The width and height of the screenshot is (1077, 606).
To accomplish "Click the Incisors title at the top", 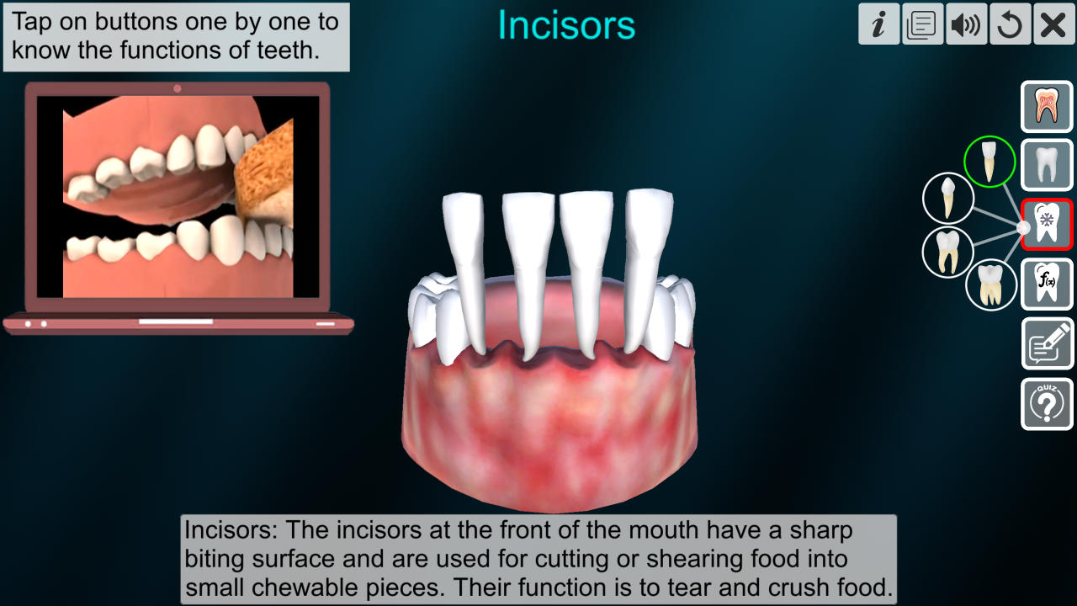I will [x=566, y=25].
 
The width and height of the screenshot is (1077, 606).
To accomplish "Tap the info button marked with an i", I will [x=879, y=24].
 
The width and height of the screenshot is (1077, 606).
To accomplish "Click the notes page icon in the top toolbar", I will [x=923, y=24].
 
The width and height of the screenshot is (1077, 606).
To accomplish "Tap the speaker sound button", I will [x=967, y=24].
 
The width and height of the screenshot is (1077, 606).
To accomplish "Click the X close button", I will [x=1053, y=24].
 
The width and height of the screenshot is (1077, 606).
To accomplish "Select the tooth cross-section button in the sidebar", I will [x=1047, y=107].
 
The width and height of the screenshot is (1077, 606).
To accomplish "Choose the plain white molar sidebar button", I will [x=1047, y=165].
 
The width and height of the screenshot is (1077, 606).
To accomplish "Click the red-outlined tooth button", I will [x=1047, y=225].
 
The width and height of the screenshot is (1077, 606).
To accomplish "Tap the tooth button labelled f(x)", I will [x=1047, y=284].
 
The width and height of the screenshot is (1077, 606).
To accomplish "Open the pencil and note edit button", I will [x=1047, y=343].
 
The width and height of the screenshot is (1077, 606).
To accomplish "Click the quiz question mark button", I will [x=1047, y=404].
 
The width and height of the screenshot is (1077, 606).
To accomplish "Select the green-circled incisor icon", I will [x=989, y=162].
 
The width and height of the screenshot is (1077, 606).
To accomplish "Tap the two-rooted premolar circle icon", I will [x=948, y=252].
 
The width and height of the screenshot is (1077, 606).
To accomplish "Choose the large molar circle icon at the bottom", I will [x=991, y=284].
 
